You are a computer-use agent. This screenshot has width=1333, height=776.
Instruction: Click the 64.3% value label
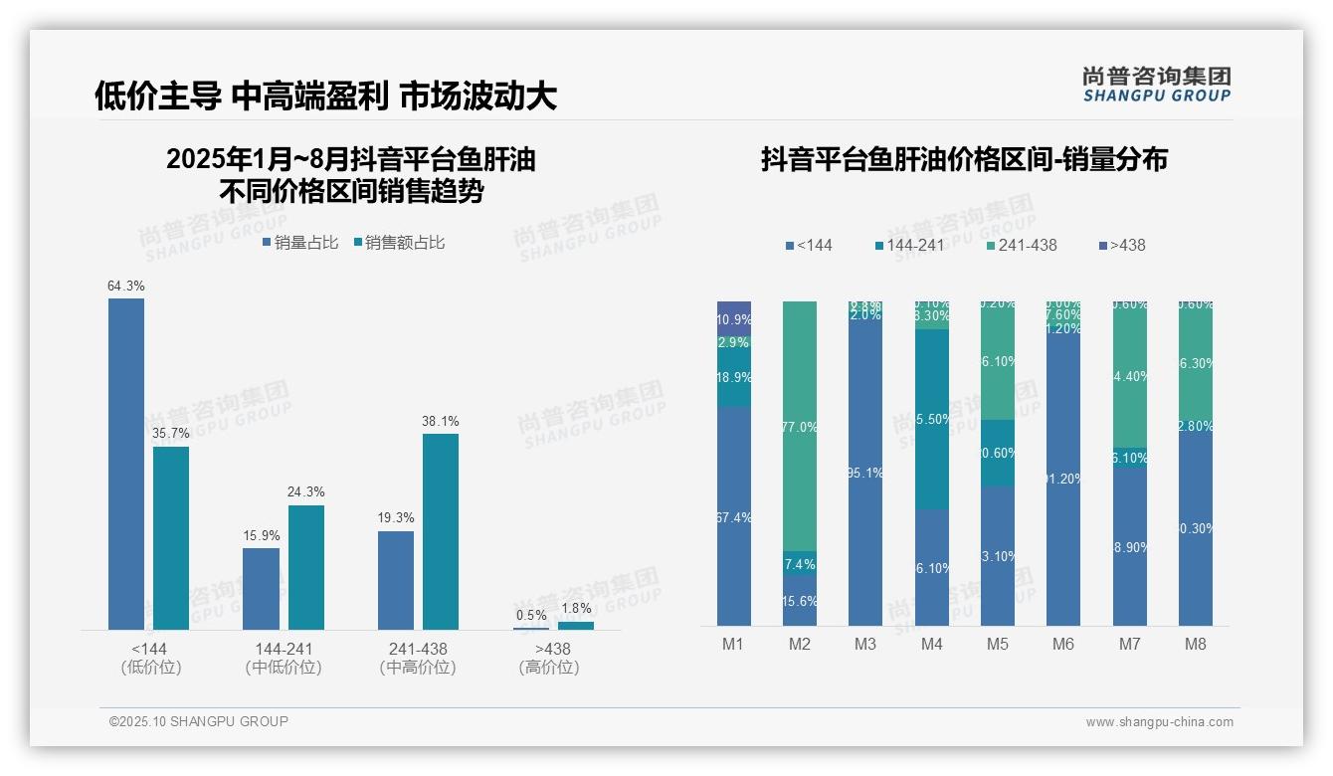click(x=126, y=287)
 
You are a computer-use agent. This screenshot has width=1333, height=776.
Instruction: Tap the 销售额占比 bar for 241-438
click(x=441, y=531)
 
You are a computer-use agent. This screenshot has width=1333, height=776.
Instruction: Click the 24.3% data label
click(x=306, y=492)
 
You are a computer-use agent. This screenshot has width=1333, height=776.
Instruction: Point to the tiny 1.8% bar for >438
click(x=575, y=626)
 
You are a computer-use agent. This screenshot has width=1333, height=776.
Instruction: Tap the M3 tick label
click(x=865, y=645)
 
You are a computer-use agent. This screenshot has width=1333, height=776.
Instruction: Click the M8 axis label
click(x=1196, y=645)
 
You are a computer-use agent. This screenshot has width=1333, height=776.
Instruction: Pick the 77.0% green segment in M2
click(x=800, y=427)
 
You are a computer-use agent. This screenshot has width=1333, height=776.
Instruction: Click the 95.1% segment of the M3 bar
click(x=865, y=474)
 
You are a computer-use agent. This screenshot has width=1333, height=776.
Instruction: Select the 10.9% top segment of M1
click(x=734, y=318)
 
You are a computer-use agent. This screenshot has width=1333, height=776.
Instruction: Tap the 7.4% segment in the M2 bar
click(x=800, y=564)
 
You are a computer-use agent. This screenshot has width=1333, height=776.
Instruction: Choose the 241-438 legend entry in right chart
click(x=1022, y=246)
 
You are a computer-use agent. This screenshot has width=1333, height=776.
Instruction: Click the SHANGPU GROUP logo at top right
click(x=1157, y=85)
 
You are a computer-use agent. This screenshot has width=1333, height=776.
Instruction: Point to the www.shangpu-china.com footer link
click(x=1159, y=722)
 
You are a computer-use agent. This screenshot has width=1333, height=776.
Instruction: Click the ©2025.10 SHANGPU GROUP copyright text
click(x=199, y=721)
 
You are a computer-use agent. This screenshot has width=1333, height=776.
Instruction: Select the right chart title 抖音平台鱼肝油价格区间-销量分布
click(x=964, y=159)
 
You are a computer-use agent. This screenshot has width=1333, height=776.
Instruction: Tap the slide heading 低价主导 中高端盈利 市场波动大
click(x=325, y=97)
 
